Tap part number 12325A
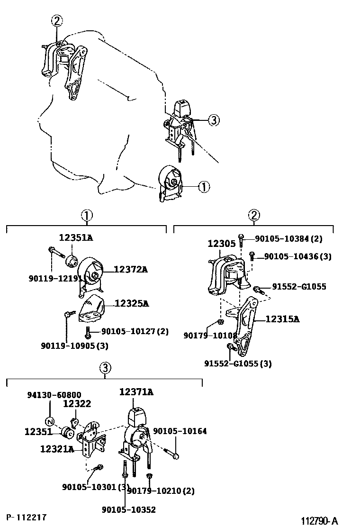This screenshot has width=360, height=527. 131,303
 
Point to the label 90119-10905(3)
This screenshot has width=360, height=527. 74,345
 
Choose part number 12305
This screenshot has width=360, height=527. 221,244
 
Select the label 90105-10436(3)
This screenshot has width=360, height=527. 297,256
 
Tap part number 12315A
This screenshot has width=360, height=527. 282,319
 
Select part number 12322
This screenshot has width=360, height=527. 77,403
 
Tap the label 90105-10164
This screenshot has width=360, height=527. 180,431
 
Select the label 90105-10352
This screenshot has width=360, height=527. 128,509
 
